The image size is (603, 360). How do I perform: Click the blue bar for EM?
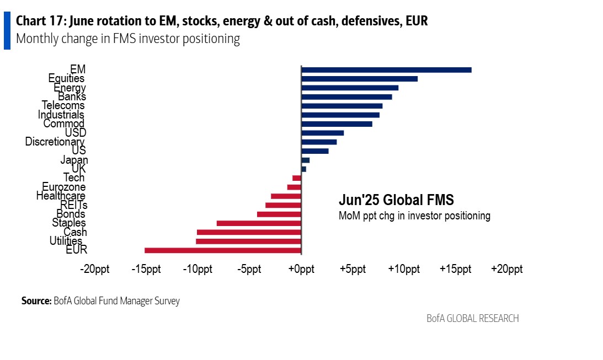pos(386,69)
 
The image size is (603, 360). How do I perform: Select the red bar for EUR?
pos(223,250)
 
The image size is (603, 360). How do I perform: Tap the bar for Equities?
pos(359,79)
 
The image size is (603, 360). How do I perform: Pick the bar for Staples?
pos(259,223)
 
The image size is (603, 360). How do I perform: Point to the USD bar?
pos(322,133)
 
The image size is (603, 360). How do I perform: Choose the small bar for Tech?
pos(297,178)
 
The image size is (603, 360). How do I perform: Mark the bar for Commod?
pos(337,124)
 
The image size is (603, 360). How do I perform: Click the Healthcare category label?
pos(61,196)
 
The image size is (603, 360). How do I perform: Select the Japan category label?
pos(74,160)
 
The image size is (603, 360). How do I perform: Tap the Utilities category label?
pos(66,241)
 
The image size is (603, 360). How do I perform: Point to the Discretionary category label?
pos(55,142)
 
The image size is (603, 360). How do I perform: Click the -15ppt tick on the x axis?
pos(146,270)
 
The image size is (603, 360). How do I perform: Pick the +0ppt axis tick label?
pos(301,270)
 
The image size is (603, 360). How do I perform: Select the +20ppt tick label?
pos(507,270)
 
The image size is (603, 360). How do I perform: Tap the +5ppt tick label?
pos(353,270)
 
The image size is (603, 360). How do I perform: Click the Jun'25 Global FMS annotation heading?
pos(396,200)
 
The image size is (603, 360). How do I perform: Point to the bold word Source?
pos(36,301)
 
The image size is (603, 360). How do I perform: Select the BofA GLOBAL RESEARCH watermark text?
pos(472,319)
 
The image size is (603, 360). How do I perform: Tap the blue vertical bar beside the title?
pos(7,30)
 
